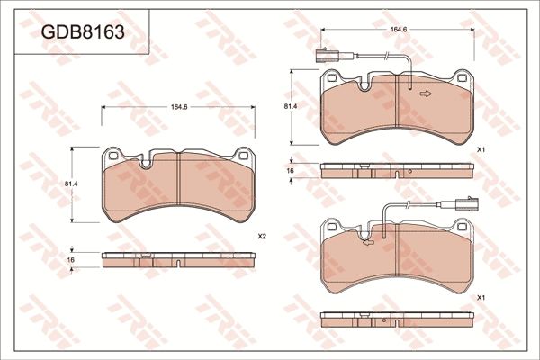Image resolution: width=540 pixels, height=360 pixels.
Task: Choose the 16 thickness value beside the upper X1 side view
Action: click(x=291, y=169)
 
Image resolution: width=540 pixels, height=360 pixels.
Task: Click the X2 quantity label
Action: click(x=262, y=236)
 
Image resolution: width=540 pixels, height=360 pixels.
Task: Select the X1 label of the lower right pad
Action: click(x=481, y=297)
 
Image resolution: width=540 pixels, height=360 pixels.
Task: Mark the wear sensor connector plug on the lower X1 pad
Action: click(x=465, y=202)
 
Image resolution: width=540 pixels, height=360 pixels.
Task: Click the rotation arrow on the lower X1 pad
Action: click(x=366, y=240)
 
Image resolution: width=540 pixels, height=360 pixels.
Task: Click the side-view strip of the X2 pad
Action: click(x=179, y=259)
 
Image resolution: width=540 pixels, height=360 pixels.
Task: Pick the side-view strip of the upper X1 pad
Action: click(x=397, y=169)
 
